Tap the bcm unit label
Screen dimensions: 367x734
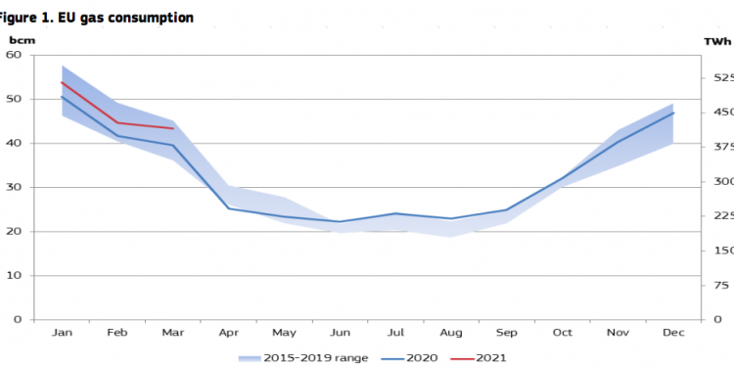[21, 41]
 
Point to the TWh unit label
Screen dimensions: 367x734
[716, 41]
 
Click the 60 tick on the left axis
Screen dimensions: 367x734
[15, 55]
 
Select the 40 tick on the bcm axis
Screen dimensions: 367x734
[15, 143]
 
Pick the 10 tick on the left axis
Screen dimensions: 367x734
[15, 276]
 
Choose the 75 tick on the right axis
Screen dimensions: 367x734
[722, 286]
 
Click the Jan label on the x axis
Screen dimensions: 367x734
[62, 334]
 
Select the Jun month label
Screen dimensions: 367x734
[340, 334]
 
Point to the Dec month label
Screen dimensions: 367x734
[673, 334]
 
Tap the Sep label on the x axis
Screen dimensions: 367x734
[506, 334]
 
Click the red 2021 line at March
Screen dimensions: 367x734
[173, 128]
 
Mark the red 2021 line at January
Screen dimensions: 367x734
[62, 82]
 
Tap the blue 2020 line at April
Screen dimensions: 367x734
[228, 207]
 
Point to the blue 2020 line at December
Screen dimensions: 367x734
[673, 113]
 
